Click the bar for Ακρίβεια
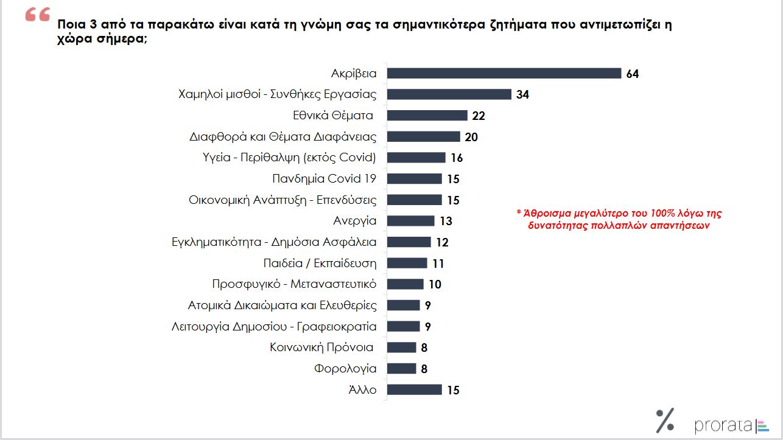[x=504, y=74]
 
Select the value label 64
[x=632, y=74]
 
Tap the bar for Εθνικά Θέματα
[x=427, y=116]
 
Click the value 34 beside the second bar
[x=522, y=95]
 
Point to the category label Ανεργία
[x=355, y=221]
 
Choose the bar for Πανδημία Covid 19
[x=415, y=179]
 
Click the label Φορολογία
[x=345, y=369]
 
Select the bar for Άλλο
[x=415, y=390]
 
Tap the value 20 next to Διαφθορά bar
[x=471, y=137]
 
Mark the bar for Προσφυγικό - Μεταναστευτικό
[x=406, y=284]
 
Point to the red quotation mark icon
[x=37, y=16]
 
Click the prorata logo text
[x=723, y=425]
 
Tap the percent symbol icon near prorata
[x=665, y=421]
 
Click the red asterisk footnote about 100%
[x=619, y=219]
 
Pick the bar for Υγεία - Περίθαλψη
[x=416, y=158]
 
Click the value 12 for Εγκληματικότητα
[x=442, y=242]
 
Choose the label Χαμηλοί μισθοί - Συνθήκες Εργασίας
[x=278, y=94]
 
